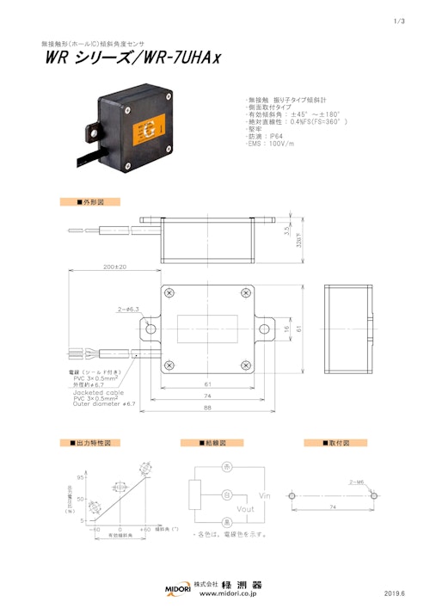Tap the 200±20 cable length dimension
point(114,267)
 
